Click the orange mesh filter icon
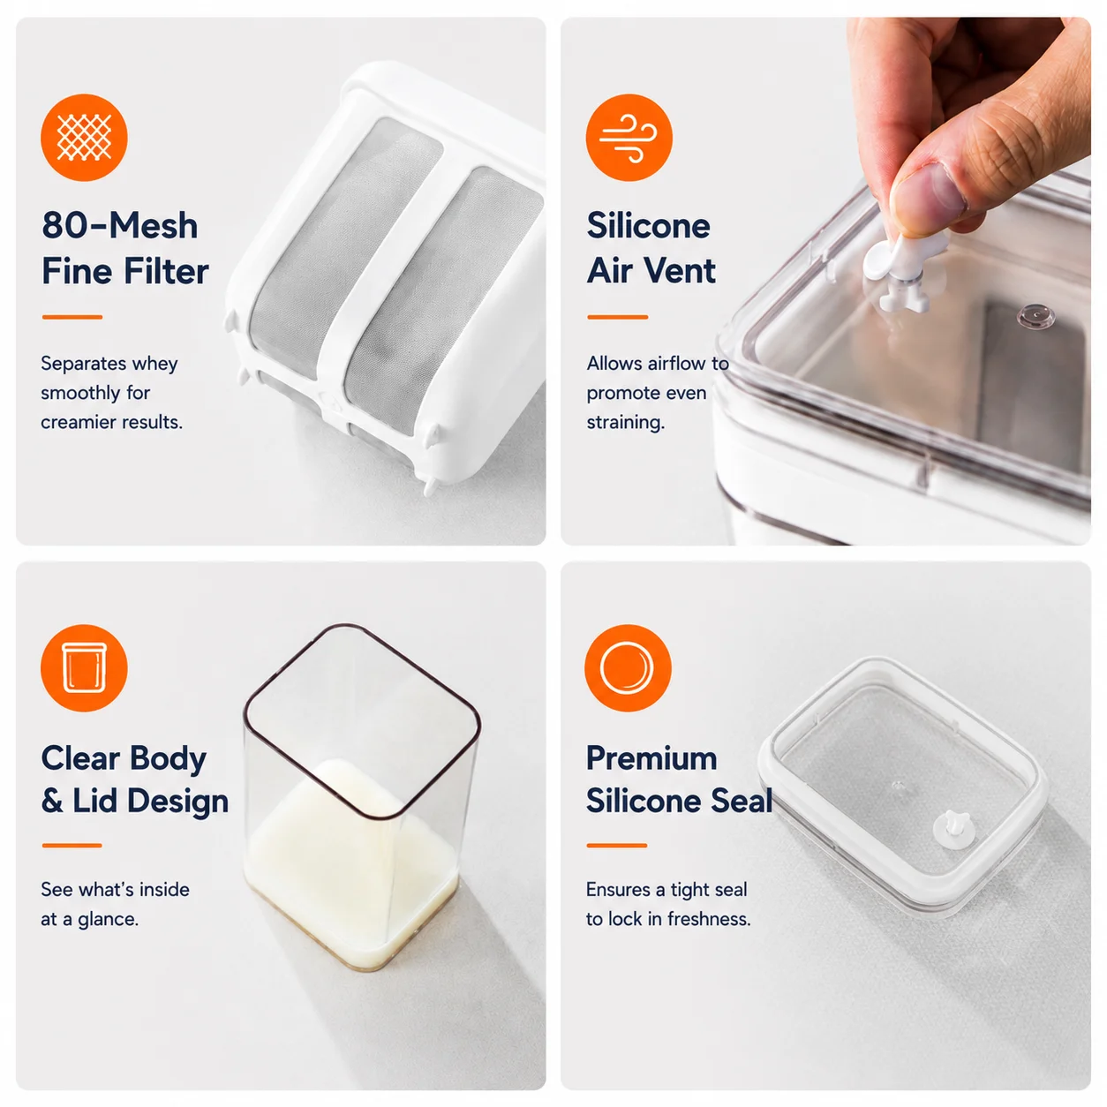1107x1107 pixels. click(x=84, y=138)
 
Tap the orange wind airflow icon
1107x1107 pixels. click(x=629, y=138)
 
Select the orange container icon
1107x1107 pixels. click(x=84, y=667)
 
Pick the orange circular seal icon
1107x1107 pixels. click(x=628, y=667)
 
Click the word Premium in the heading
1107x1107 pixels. click(x=651, y=758)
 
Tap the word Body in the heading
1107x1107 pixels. click(x=168, y=759)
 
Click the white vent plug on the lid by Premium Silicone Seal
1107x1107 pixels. click(x=953, y=830)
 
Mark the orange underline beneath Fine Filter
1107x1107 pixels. click(x=72, y=317)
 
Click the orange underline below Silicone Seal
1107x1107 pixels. click(x=616, y=845)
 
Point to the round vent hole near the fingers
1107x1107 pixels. click(x=1035, y=316)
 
